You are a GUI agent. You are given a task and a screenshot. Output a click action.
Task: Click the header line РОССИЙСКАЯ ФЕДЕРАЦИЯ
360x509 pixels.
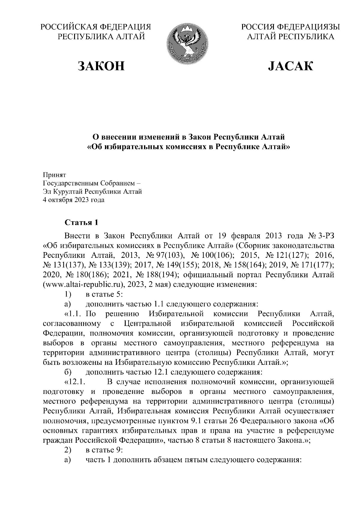click(96, 27)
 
